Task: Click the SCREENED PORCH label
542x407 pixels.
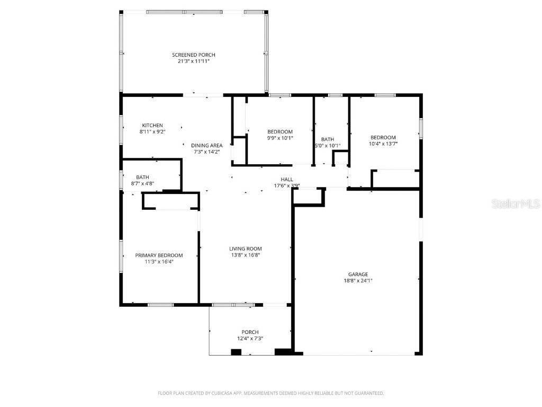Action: click(193, 55)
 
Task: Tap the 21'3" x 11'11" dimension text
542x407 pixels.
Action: click(193, 61)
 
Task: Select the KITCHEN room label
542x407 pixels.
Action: click(152, 126)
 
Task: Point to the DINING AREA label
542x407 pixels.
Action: click(206, 146)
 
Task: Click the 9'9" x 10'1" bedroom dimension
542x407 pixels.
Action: click(279, 138)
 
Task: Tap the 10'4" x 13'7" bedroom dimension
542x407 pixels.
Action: click(383, 143)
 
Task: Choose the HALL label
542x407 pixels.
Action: click(287, 180)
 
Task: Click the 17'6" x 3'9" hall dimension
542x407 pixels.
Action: click(287, 185)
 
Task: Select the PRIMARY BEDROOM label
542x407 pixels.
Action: click(159, 255)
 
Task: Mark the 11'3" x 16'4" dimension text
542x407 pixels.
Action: click(159, 261)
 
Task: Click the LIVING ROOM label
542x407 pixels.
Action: click(245, 249)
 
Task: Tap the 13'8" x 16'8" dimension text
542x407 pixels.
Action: click(245, 255)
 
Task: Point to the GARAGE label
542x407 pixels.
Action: click(358, 275)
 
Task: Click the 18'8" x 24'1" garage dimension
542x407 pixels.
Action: click(358, 281)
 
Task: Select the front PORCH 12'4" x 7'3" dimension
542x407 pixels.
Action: click(250, 339)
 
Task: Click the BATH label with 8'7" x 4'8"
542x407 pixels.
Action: click(142, 178)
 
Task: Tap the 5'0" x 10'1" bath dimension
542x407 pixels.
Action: click(327, 146)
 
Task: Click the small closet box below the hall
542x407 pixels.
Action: click(309, 196)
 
